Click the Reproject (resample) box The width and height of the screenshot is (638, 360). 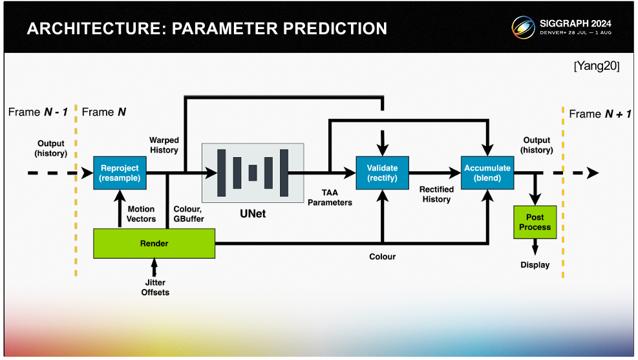click(x=120, y=173)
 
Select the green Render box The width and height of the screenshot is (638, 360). click(x=154, y=244)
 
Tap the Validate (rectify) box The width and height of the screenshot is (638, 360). click(x=382, y=173)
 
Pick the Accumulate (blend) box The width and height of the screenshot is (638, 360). click(x=487, y=173)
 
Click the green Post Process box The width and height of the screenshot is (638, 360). click(x=535, y=222)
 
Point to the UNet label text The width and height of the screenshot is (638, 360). click(x=253, y=213)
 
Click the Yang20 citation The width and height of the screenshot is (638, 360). click(x=596, y=67)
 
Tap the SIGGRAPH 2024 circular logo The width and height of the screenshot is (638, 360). click(x=523, y=28)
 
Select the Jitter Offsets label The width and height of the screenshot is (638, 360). click(x=155, y=288)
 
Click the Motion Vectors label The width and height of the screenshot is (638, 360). click(x=141, y=214)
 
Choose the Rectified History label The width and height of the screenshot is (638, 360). click(x=436, y=194)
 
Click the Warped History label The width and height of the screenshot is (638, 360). click(x=164, y=145)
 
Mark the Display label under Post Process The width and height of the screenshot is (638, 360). click(x=535, y=265)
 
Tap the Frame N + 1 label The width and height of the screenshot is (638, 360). click(x=599, y=114)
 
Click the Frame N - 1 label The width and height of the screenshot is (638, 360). click(x=37, y=112)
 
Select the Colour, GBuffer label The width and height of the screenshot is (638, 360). click(x=189, y=214)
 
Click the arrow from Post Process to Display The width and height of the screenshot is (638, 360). click(x=535, y=248)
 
